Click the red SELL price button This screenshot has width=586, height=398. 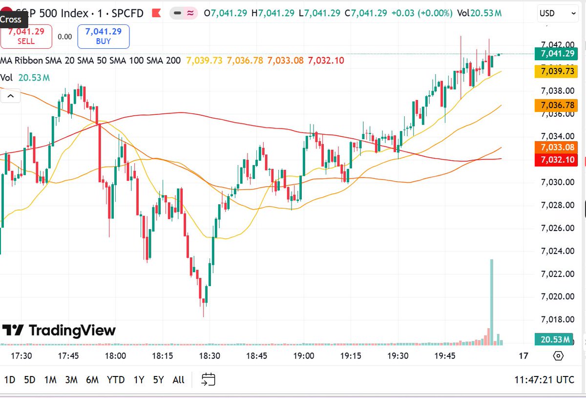pos(26,37)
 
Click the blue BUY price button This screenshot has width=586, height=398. pos(103,37)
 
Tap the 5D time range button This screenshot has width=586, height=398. pos(30,379)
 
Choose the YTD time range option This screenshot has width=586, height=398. pos(116,379)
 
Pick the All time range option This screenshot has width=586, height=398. pos(179,379)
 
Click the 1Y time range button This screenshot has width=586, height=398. pos(139,379)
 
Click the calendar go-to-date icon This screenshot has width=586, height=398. pos(209,379)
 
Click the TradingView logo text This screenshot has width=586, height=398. pos(72,331)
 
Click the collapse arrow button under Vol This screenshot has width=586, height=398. pos(10,96)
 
